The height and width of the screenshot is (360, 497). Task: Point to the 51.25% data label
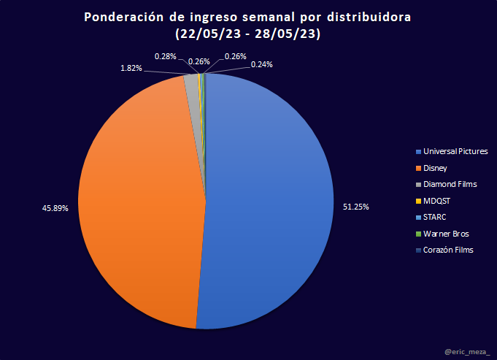coord(355,207)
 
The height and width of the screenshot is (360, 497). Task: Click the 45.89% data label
coord(55,208)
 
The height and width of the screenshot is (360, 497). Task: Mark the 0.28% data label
coord(165,55)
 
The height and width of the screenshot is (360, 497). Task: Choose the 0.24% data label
coord(262,64)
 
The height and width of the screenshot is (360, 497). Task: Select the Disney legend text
coord(435,168)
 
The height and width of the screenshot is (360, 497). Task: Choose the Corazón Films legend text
coord(448,250)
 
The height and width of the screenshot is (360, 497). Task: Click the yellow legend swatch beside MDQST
coord(418,201)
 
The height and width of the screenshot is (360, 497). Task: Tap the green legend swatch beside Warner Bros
coord(418,234)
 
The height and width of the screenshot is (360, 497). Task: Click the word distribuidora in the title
coord(369,17)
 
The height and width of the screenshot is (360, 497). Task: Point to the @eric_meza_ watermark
coord(467,352)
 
